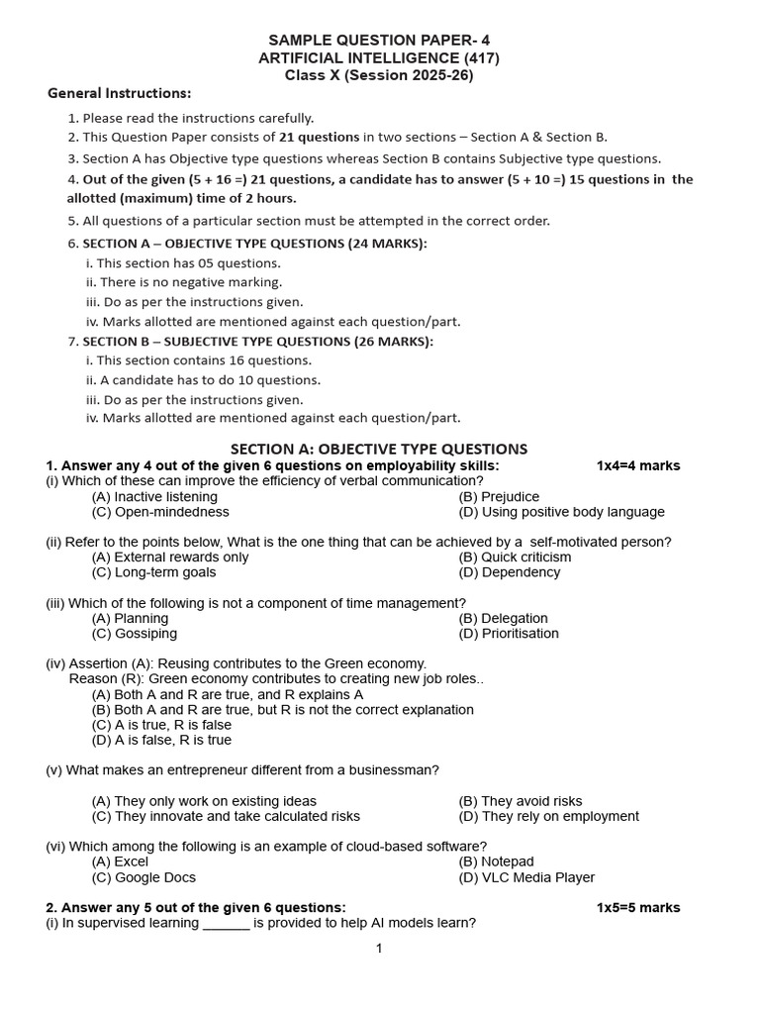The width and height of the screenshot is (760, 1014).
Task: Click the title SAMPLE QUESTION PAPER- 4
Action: [380, 40]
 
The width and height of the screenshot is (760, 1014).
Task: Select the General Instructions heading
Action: [119, 93]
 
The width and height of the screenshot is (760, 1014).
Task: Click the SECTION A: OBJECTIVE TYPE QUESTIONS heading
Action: [379, 449]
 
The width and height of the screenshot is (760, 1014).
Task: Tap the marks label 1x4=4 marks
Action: [638, 465]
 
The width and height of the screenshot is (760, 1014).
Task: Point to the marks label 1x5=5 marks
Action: [638, 907]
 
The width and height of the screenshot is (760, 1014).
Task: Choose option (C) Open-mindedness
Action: [160, 512]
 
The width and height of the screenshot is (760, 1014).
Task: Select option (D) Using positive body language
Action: [561, 512]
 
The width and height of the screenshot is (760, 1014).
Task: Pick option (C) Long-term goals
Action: [153, 572]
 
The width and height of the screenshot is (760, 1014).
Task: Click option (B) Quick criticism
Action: [515, 557]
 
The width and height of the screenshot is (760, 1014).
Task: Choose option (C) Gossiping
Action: [135, 634]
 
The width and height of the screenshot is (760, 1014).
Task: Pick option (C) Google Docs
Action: [143, 877]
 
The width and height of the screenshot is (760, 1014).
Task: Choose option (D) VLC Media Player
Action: [526, 877]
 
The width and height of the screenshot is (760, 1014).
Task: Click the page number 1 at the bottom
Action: [378, 949]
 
